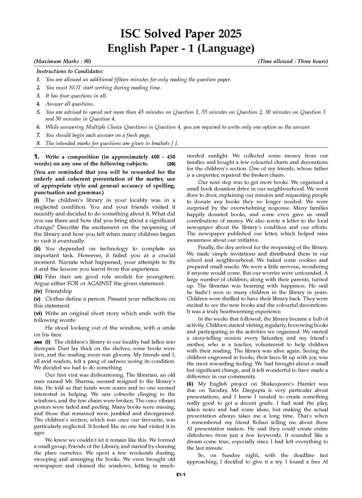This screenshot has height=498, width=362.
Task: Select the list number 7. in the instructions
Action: pos(38,135)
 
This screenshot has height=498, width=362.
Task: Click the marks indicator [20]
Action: pos(171,164)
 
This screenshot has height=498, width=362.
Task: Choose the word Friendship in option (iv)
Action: pos(58,291)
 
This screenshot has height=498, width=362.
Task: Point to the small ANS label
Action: pos(37,342)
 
